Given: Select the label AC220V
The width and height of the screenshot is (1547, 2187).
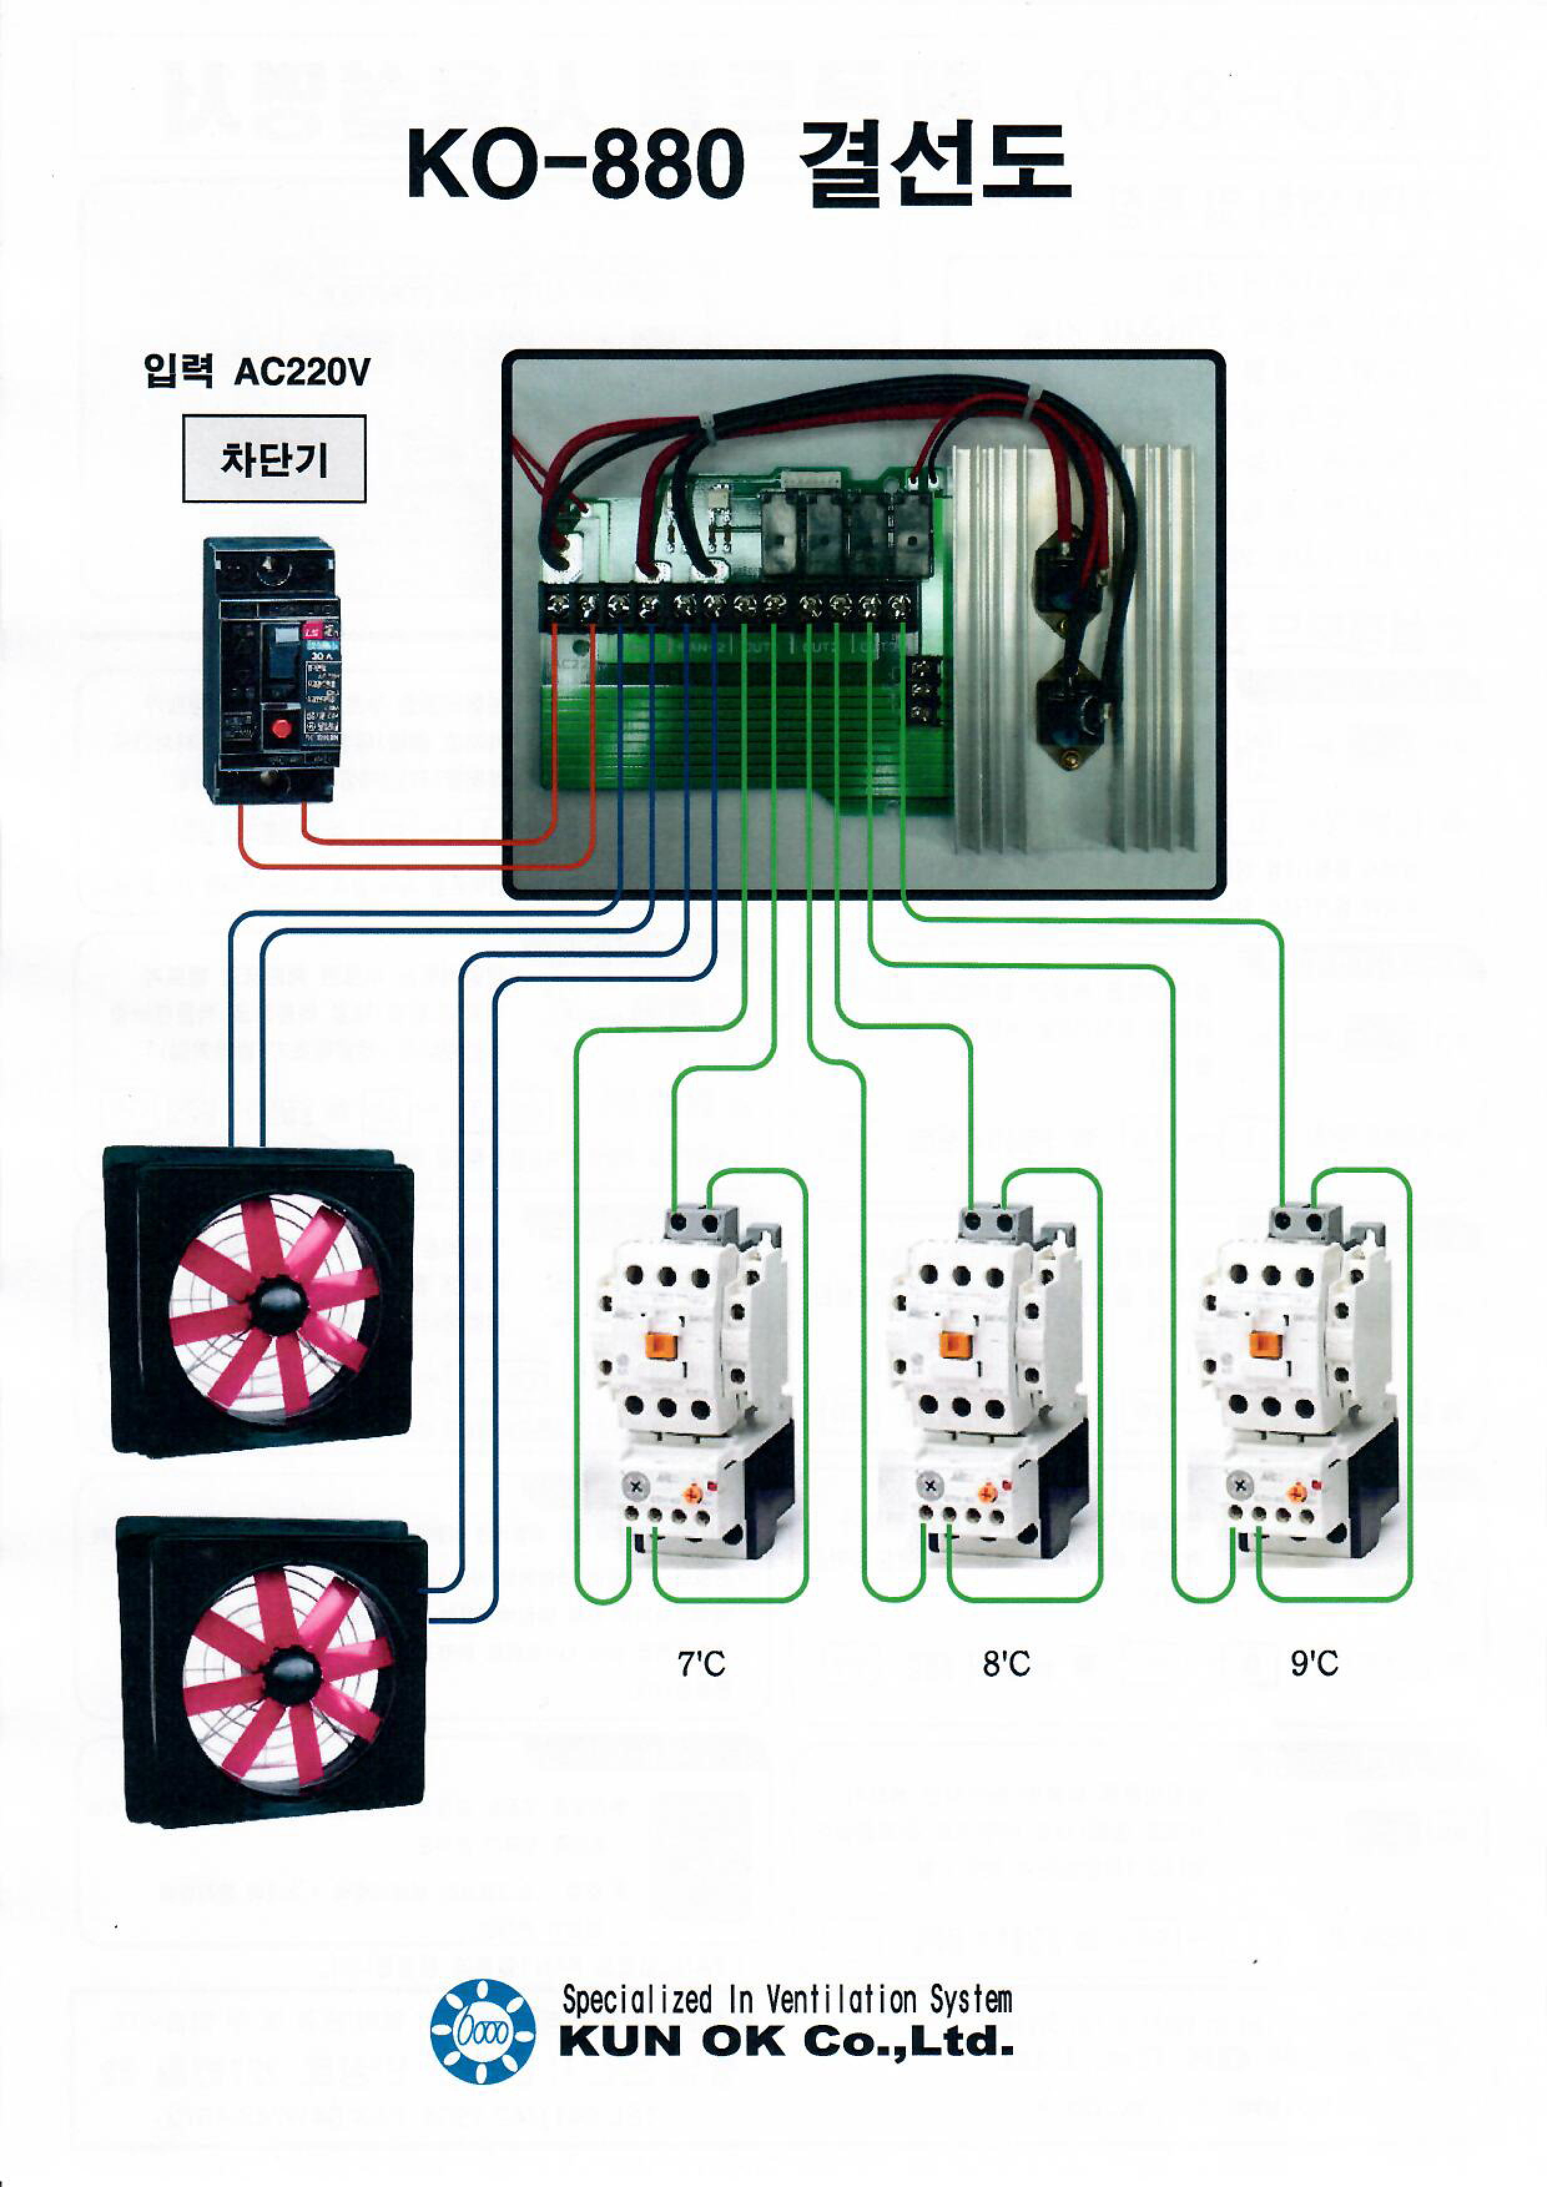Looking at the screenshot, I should tap(301, 372).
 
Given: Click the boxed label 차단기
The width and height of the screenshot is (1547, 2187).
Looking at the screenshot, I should tap(274, 459).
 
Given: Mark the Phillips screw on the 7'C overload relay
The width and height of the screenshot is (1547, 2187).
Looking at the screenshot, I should tap(636, 1487).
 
